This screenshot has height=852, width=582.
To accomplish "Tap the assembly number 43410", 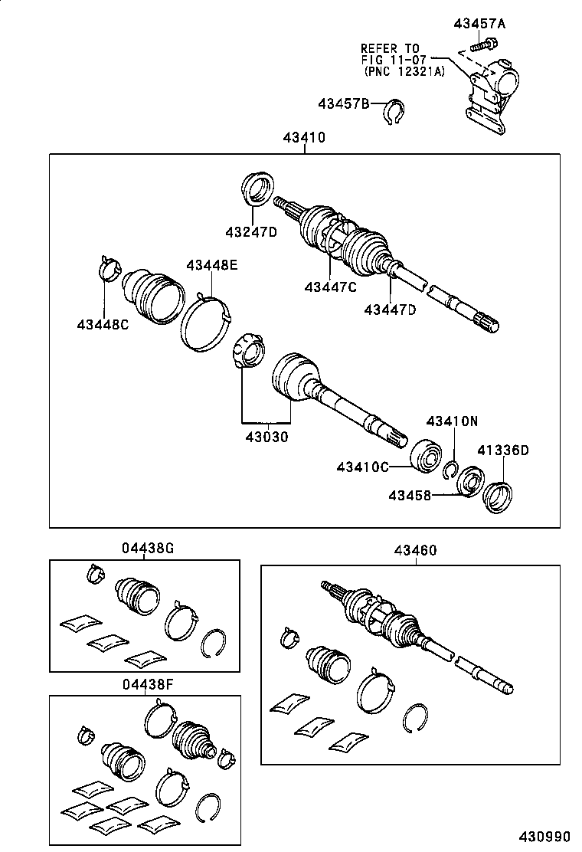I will coord(304,139).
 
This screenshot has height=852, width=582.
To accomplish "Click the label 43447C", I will coord(330,287).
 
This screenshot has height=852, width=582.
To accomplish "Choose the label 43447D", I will coord(390,309).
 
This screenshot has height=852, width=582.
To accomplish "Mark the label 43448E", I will coord(211,266).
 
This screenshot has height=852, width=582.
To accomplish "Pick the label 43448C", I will coord(103,325).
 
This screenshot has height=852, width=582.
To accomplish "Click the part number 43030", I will coord(266,437).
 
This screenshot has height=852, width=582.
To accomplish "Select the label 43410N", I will coord(452,421).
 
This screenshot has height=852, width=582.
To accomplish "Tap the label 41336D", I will coord(503,450).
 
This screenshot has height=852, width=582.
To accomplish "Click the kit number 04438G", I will coord(148,549).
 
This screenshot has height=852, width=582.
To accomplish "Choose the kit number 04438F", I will coord(148,684).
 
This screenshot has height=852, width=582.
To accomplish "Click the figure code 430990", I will coord(548,834).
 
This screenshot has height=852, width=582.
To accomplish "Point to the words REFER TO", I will coord(390,47).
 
